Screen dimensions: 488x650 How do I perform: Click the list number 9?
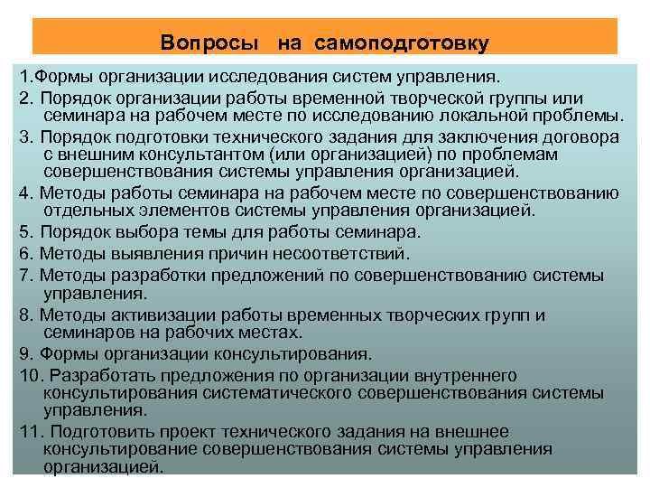pos(23,353)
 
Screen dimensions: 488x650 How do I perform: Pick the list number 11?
pos(27,430)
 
